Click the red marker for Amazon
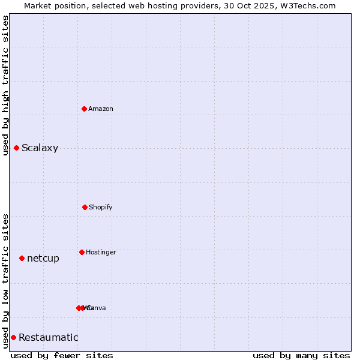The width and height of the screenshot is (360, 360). point(84,109)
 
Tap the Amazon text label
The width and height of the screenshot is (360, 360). point(101,109)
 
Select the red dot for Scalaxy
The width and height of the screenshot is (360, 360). point(16,148)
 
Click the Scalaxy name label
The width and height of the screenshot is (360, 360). point(40,148)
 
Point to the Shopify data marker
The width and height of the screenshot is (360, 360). point(85,207)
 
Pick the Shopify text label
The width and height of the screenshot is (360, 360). point(101,208)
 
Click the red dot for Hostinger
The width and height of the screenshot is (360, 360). point(82,252)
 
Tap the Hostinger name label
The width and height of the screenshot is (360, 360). point(101,253)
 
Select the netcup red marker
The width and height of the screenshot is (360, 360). point(22,258)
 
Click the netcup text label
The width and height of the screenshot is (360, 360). point(43,259)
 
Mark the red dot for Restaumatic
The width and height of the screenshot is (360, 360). point(13,337)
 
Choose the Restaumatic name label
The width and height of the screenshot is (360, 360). point(48,338)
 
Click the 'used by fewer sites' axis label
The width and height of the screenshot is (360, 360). point(62,355)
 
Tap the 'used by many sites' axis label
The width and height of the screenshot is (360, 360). point(301,355)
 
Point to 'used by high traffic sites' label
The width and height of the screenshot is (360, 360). point(5,85)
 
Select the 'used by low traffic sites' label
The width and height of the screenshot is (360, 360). point(5,281)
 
